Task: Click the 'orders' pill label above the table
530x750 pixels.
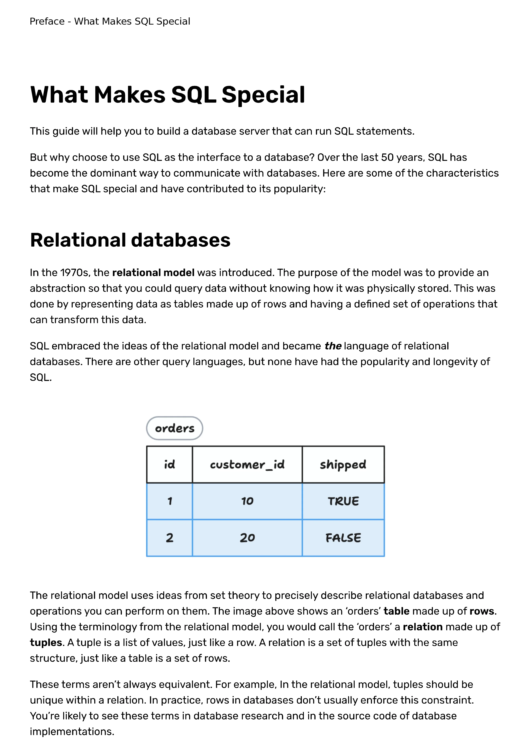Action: tap(175, 428)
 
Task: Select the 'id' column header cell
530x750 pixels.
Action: tap(169, 465)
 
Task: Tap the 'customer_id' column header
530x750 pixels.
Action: tap(247, 465)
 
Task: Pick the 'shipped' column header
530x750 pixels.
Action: tap(343, 465)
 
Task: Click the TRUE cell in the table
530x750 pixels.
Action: tap(343, 501)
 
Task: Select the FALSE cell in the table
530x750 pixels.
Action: tap(343, 538)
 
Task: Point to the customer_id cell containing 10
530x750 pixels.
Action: tap(247, 501)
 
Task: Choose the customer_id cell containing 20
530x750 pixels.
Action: tap(247, 538)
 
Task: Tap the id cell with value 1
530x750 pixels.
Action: tap(169, 501)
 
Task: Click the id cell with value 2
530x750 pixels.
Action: tap(169, 538)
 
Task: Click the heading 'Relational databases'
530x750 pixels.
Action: tap(130, 240)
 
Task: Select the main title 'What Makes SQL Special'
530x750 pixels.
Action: tap(167, 95)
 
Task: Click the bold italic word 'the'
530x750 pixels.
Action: tap(333, 346)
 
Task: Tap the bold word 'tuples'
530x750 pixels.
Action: tap(46, 643)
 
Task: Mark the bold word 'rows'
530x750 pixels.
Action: tap(482, 611)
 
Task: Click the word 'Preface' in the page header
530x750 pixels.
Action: tap(47, 21)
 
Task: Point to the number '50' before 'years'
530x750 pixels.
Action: tap(387, 157)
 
